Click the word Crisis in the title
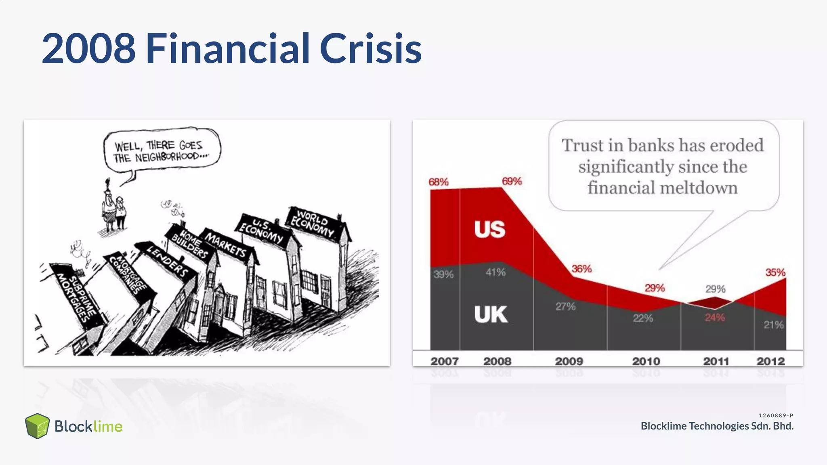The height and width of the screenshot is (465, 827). [370, 49]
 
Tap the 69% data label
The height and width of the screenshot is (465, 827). [512, 181]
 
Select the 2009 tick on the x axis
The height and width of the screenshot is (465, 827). [569, 361]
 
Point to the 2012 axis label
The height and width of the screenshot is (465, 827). [770, 361]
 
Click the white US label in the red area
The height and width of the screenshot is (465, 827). [489, 229]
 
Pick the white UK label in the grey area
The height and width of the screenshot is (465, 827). [491, 314]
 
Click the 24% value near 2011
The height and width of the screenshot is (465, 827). [714, 318]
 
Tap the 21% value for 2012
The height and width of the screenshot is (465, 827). [773, 325]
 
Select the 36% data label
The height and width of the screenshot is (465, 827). [581, 269]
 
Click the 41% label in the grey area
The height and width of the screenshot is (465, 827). [495, 272]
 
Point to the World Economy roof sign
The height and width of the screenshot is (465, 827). [313, 224]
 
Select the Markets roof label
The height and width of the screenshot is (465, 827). [226, 245]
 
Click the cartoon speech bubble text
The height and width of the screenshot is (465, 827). [160, 151]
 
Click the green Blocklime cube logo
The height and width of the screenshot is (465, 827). [37, 426]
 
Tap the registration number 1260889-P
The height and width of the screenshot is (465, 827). [776, 415]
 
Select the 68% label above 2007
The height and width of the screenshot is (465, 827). [439, 182]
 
